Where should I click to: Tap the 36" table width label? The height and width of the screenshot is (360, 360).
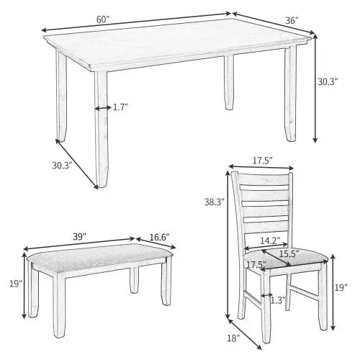(292, 21)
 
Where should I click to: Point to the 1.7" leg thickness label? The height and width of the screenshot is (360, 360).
(120, 107)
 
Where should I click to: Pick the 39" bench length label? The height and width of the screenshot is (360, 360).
(79, 235)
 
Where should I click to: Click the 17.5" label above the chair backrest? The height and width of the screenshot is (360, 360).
(261, 161)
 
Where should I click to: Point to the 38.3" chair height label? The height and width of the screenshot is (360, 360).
(214, 203)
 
